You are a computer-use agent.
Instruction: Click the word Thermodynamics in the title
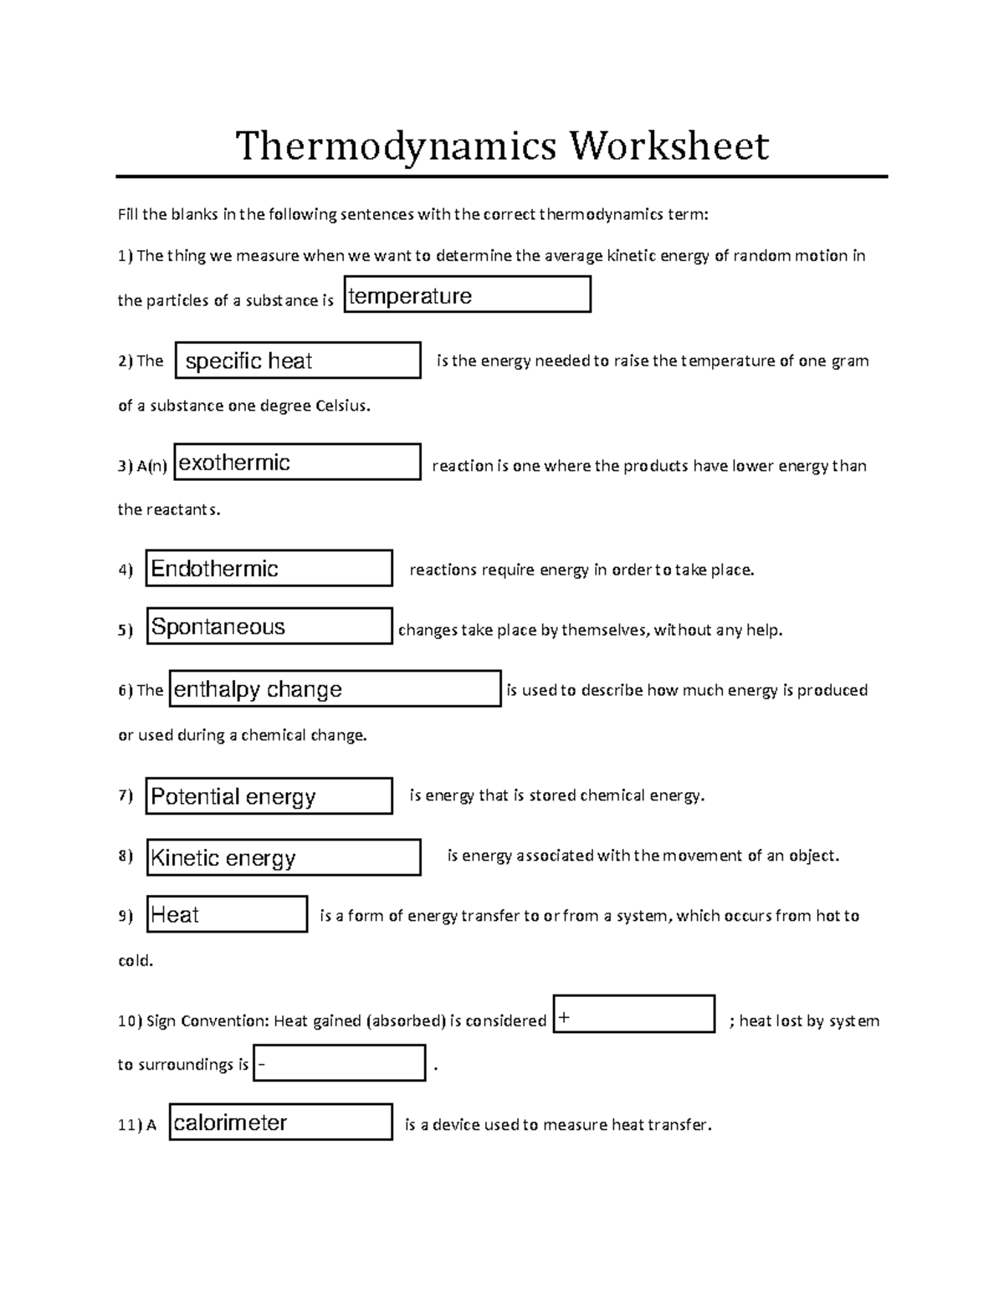[x=395, y=146]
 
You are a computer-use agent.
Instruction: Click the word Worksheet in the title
[x=669, y=146]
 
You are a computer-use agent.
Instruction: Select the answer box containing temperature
[x=467, y=295]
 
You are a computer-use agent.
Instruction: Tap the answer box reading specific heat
[x=297, y=361]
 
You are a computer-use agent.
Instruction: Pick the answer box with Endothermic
[x=269, y=569]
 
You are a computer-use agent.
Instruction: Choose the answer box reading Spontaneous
[x=269, y=626]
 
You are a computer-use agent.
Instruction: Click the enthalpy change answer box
[x=335, y=689]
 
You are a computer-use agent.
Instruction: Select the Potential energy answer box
[x=269, y=796]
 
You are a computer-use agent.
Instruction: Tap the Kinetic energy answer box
[x=283, y=857]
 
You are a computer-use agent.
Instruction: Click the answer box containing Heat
[x=227, y=914]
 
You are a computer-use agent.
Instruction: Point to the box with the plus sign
[x=633, y=1015]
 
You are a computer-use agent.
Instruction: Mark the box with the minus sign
[x=339, y=1063]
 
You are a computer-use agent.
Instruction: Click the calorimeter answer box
[x=280, y=1123]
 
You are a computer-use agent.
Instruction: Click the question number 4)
[x=125, y=570]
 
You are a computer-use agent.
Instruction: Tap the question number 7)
[x=125, y=795]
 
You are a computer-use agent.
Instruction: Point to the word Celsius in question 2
[x=341, y=407]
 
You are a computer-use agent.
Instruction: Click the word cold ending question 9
[x=135, y=961]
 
